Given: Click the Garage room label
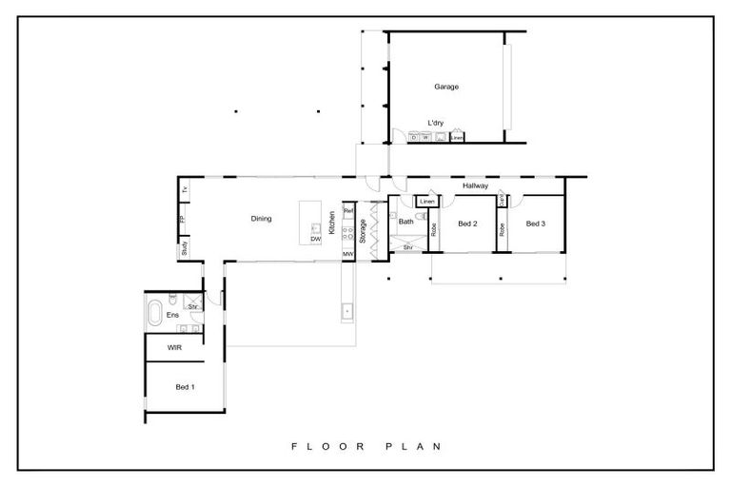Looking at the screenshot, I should pos(446,87).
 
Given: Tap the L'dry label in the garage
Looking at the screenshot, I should pos(436,123).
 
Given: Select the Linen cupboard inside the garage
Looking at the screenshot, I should pos(457,138).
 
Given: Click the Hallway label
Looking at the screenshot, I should pos(475,186).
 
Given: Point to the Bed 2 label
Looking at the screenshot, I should pos(466,224).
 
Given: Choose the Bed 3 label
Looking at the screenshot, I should pos(535,224).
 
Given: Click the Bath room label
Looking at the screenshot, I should pos(406,222).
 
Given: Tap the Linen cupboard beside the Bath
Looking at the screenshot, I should pos(426,202).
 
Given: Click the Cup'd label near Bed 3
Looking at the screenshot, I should pos(501,201).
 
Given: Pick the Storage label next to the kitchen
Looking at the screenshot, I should pos(363,230).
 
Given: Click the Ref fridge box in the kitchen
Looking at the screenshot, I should pos(348,210).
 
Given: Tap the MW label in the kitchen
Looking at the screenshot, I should pos(348,254).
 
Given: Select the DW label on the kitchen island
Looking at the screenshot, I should pos(316,239).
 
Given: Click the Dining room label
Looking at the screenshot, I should pos(261,219).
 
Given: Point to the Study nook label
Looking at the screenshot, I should pos(184,249).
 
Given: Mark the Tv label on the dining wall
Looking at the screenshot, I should pos(184,191).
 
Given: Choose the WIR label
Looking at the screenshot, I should pos(174,348).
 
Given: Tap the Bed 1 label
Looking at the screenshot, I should pos(185,387).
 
